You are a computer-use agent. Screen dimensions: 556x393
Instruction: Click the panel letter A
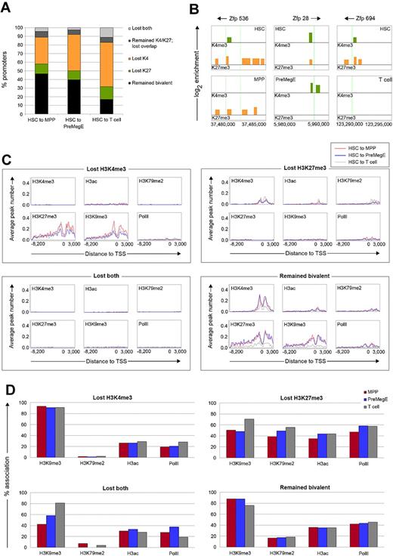(7, 7)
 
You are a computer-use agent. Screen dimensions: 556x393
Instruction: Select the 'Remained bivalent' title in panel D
(292, 482)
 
